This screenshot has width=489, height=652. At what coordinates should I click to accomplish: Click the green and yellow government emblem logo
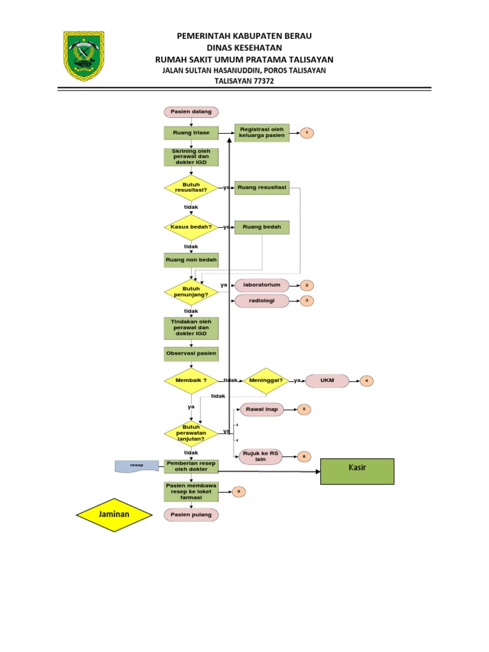coord(84,57)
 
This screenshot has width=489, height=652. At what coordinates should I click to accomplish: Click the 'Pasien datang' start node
coord(191,112)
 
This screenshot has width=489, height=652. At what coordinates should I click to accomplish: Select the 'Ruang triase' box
coord(191,132)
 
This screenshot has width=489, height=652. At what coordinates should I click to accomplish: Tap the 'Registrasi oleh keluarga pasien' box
coord(262,132)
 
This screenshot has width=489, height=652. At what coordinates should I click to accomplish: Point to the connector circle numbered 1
coord(306,132)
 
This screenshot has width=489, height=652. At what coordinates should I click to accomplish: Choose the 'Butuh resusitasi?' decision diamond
coord(191,188)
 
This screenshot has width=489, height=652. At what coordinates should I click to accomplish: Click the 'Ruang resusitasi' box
coord(262,188)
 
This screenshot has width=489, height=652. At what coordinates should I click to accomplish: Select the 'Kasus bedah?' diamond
coord(191,227)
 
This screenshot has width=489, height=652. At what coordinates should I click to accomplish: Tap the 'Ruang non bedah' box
coord(191,260)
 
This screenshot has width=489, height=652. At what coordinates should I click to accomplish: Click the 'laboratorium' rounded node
coord(262,285)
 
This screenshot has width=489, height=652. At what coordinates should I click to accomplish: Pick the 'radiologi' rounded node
coord(262,301)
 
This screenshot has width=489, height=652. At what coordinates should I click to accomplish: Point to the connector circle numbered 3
coord(306,301)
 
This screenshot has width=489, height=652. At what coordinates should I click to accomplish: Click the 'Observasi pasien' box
coord(191,353)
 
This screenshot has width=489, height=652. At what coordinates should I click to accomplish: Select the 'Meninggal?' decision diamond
coord(266,381)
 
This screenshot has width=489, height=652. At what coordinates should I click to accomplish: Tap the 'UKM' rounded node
coord(328,381)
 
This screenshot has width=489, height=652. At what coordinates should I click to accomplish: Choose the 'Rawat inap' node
coord(262,409)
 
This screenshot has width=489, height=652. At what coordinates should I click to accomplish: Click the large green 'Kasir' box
coord(357,471)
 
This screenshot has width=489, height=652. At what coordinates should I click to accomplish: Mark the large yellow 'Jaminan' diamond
coord(115,514)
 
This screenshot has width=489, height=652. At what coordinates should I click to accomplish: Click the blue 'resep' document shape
coord(138,466)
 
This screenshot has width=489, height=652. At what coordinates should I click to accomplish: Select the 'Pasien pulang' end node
coord(191,514)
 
